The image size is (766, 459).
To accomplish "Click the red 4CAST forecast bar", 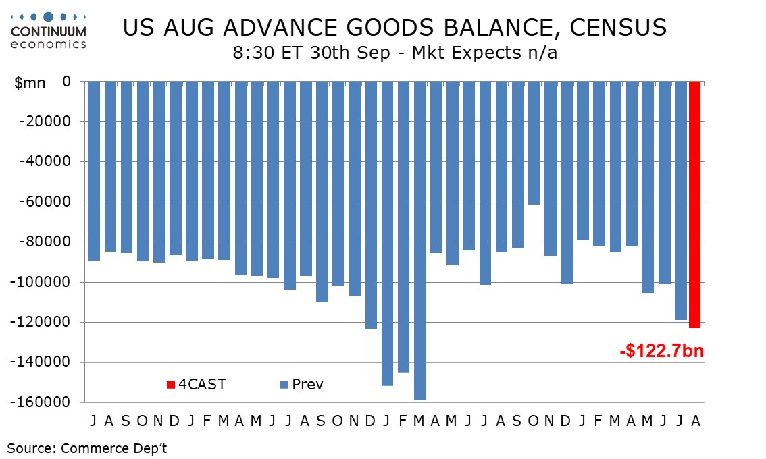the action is pos(694,205).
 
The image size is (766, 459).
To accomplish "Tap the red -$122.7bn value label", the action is pos(661,350).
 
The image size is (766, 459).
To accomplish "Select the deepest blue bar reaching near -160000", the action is pos(419,241).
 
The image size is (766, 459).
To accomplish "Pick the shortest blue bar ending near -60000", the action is pos(534,143).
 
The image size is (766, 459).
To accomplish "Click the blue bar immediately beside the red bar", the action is pos(680,200).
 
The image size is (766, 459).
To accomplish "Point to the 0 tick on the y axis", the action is pos(67,82).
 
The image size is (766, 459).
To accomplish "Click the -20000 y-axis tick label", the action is pos(45,121).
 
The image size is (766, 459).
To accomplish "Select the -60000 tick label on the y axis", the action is pos(45,202).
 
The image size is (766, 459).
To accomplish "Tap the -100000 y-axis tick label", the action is pos(41,282).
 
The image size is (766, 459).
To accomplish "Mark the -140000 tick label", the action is pos(41,362).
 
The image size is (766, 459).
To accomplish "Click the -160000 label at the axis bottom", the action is pos(41,402).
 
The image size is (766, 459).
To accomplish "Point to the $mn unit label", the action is pos(30,84).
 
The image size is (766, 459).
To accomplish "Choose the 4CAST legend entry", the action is pos(197,385).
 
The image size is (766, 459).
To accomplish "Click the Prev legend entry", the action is pos(301,385).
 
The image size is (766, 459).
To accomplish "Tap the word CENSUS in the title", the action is pos(618,28).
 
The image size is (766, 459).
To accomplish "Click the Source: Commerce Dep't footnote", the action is pos(87,448).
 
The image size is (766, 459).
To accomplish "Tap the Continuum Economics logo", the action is pos(49,31).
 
